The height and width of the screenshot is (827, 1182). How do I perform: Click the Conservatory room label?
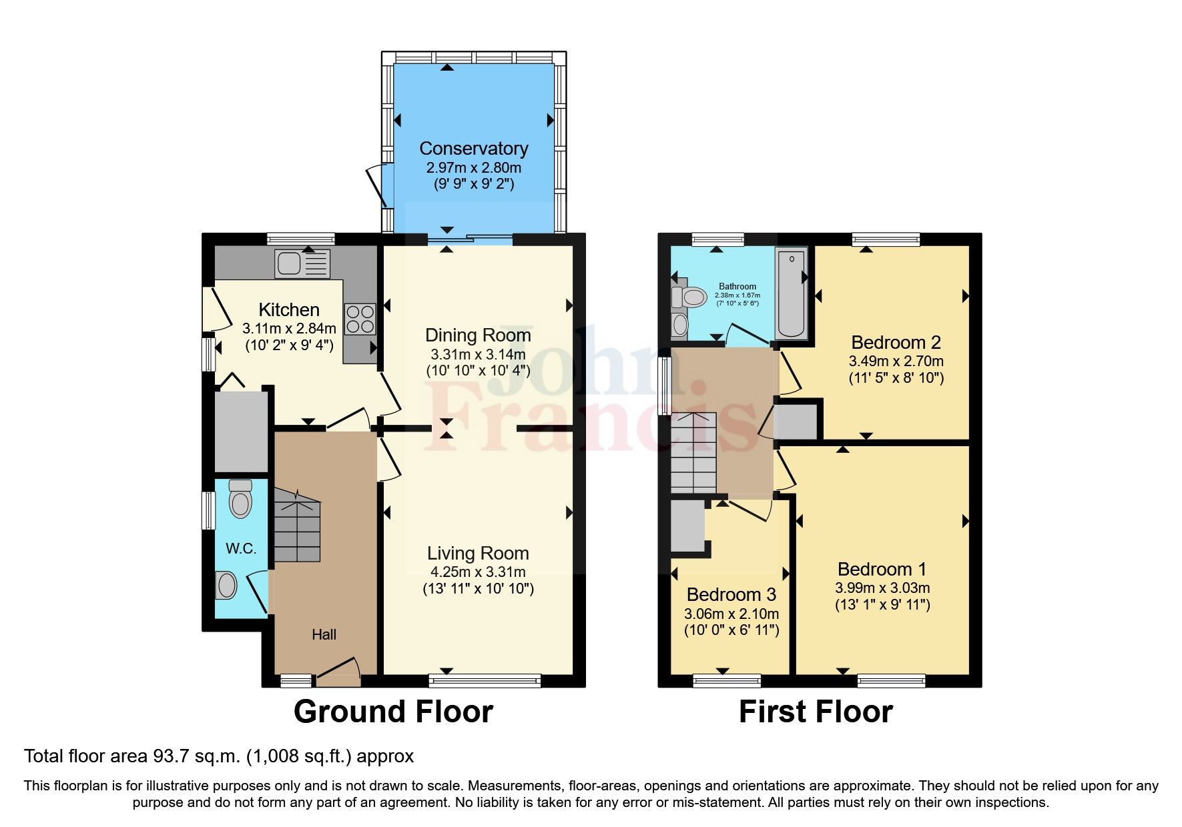point(473,148)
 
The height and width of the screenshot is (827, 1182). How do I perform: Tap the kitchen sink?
point(302,263)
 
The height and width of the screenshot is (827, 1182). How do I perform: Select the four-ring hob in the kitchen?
point(360,319)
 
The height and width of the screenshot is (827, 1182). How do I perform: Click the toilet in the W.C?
point(240,499)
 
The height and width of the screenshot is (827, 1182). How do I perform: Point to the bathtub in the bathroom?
point(792,293)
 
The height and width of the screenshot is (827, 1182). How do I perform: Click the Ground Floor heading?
point(393,712)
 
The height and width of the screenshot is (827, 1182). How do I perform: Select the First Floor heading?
point(815,712)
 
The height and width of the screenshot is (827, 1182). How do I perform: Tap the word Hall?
point(324,634)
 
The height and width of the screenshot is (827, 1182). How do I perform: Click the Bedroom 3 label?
point(731,594)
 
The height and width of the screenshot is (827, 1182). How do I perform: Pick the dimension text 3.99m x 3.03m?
point(882,588)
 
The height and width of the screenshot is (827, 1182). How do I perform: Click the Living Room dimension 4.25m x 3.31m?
point(478,572)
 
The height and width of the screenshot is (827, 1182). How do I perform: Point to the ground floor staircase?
point(297,527)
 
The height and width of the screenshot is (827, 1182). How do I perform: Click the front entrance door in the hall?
point(338,674)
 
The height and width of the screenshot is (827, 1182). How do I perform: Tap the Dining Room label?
point(478,335)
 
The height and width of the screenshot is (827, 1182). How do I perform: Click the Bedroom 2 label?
point(896,342)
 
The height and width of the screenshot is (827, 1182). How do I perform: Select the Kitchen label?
point(288,309)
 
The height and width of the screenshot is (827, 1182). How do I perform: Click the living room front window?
point(485,681)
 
